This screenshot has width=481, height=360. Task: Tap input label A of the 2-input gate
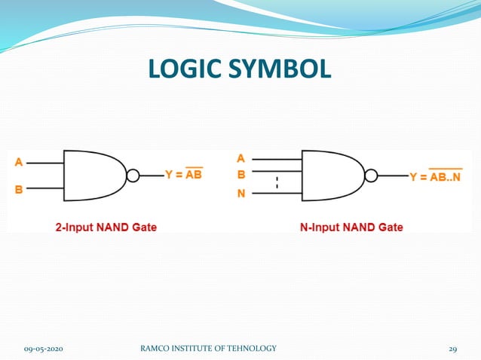tap(18, 161)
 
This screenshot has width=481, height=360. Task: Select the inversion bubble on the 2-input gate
tap(133, 175)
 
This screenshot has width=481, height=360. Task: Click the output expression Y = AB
tap(183, 175)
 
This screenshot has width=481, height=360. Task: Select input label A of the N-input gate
tap(241, 158)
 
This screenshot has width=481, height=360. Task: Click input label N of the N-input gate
tap(241, 193)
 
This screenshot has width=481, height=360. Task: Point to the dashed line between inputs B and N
tap(277, 182)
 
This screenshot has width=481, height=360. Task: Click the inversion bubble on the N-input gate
tap(370, 176)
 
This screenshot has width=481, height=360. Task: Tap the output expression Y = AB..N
tap(435, 177)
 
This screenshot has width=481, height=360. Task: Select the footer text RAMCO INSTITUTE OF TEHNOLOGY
tap(208, 348)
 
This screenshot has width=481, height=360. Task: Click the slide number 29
tap(452, 348)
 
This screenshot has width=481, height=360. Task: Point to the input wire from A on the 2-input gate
tap(45, 162)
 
